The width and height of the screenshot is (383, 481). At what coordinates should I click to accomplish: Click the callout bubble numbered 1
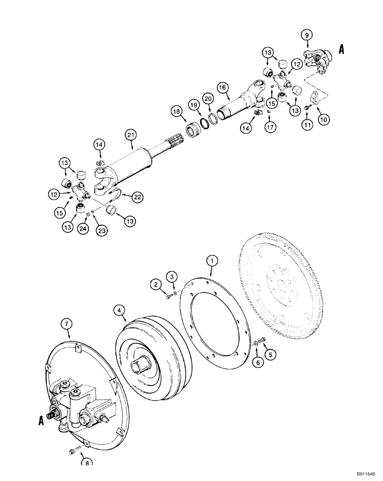(x=210, y=260)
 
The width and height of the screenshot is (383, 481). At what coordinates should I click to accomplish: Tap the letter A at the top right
(x=342, y=48)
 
